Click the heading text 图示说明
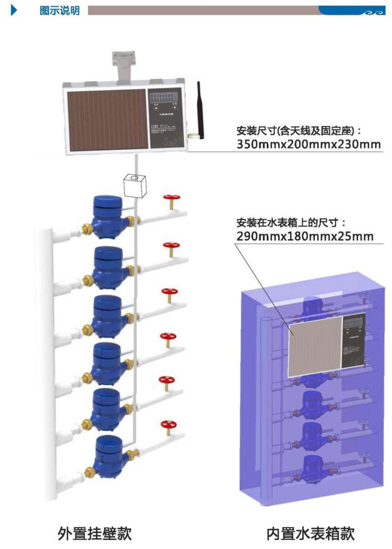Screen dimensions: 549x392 (59, 11)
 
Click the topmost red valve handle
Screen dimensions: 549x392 (171, 198)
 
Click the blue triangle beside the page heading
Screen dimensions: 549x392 (14, 10)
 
